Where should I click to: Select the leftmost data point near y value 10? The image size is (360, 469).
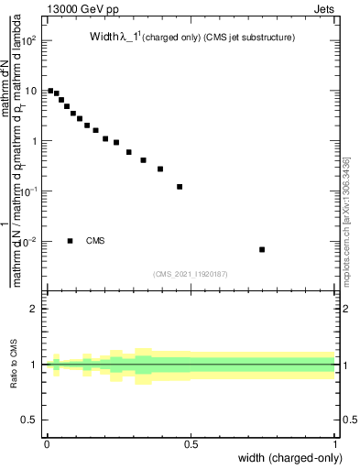click(50, 91)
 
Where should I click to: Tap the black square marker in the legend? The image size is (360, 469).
click(71, 241)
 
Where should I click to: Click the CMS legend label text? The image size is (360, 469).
click(95, 241)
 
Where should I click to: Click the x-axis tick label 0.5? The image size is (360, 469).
click(191, 444)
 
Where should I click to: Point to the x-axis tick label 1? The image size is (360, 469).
click(335, 444)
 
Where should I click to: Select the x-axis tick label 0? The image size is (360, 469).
click(47, 444)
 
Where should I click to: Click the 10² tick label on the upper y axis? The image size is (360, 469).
click(31, 41)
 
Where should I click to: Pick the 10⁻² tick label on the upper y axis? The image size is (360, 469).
click(31, 241)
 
